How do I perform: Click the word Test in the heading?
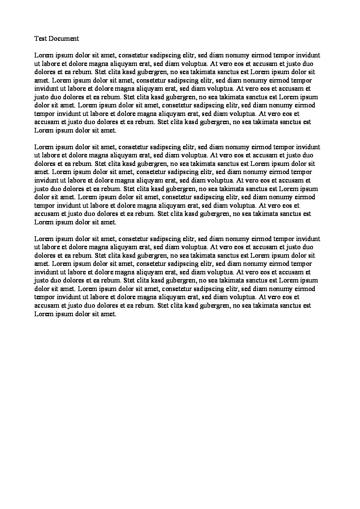[x=40, y=38]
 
